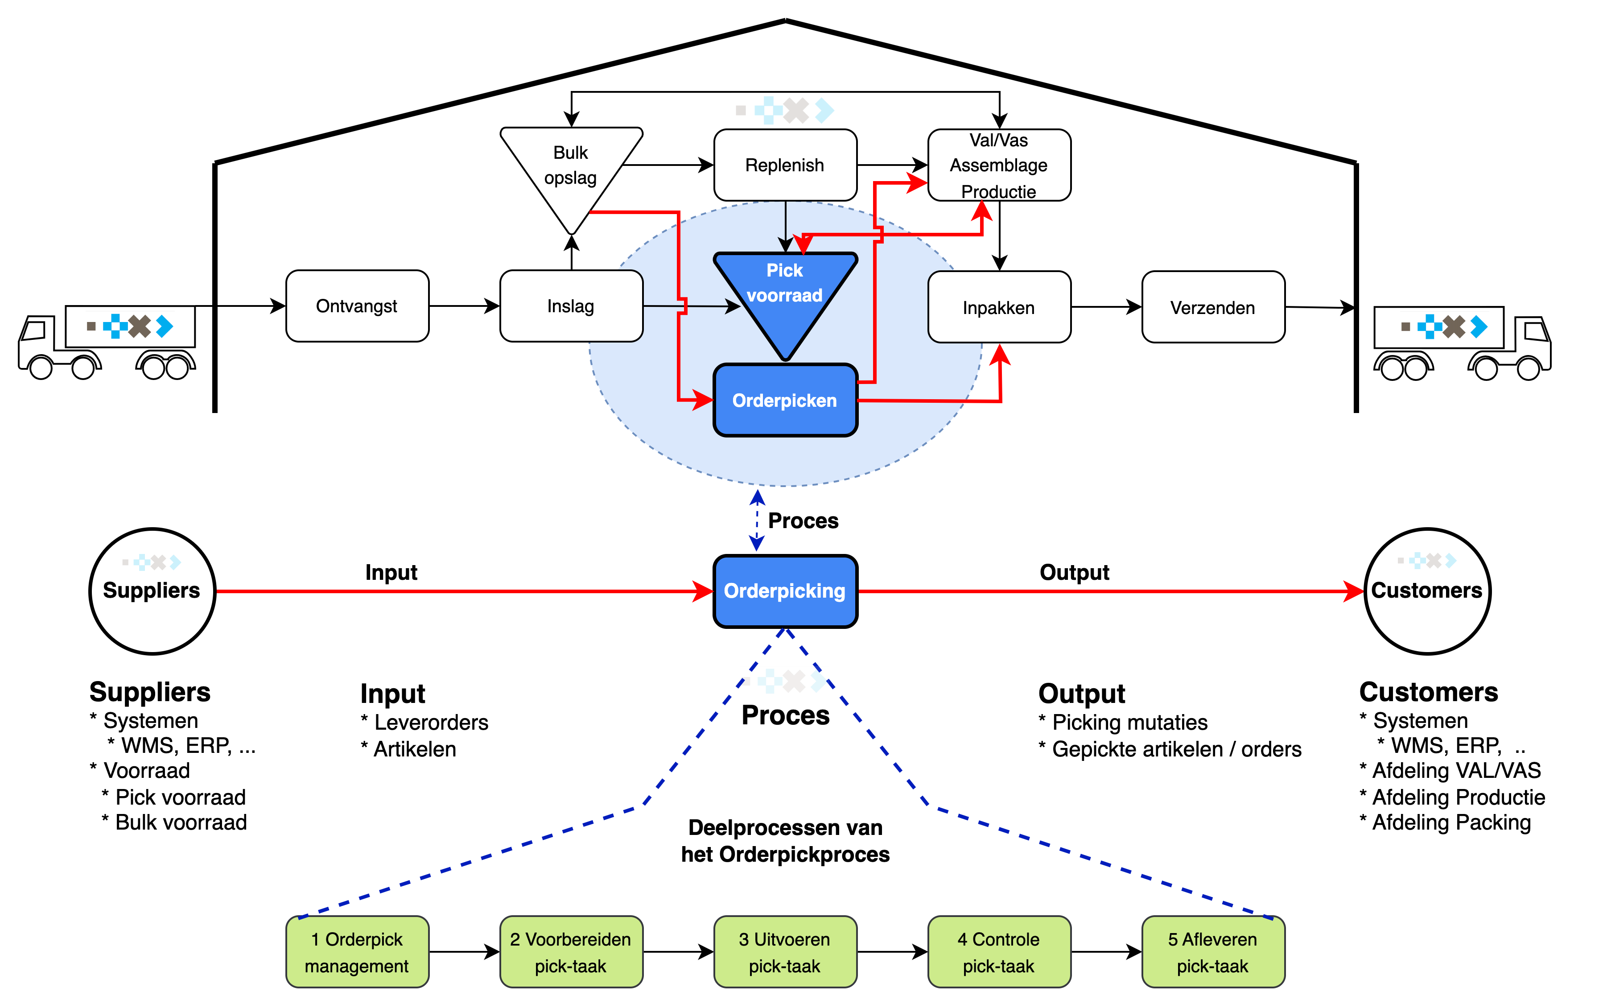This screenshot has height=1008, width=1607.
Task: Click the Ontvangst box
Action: coord(357,306)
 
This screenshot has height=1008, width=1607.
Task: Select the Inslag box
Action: coord(571,306)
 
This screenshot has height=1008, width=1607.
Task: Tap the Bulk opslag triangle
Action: coord(571,167)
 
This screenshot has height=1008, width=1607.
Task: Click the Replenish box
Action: coord(785,165)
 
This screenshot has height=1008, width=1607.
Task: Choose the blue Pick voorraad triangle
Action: coord(785,293)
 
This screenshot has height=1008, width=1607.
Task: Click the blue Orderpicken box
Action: coord(785,400)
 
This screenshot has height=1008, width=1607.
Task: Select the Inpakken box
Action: coord(999,307)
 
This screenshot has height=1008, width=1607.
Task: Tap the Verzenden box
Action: coord(1213,307)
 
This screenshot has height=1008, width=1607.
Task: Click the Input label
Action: coord(391,573)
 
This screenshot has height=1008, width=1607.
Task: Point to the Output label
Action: coord(1075,573)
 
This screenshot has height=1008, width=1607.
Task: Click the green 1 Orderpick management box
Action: coord(357,952)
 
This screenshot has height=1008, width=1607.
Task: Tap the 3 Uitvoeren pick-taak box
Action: coord(785,952)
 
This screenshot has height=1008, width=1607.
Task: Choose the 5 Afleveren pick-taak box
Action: coord(1213,952)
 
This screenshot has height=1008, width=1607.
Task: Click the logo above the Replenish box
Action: coord(784,111)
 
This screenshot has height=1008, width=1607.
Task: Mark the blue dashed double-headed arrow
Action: coord(757,521)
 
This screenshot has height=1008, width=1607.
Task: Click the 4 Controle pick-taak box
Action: coord(999,952)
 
